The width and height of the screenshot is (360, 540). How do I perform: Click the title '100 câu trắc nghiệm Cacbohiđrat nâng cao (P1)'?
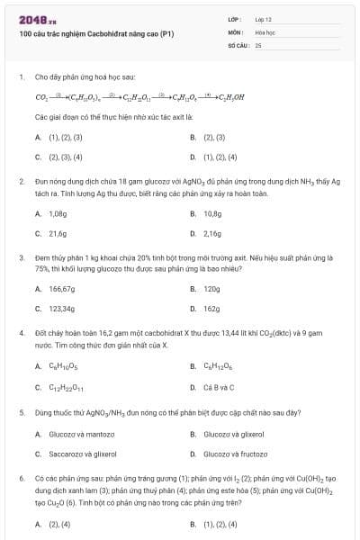pos(90,33)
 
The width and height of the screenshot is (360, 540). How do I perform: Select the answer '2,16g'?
pos(212,233)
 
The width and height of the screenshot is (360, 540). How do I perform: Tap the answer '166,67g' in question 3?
pos(61,289)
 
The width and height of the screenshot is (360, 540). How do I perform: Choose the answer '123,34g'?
pos(61,309)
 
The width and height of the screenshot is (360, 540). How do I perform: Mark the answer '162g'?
pos(211,309)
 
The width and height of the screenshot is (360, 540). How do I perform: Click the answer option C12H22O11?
pos(66,388)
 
